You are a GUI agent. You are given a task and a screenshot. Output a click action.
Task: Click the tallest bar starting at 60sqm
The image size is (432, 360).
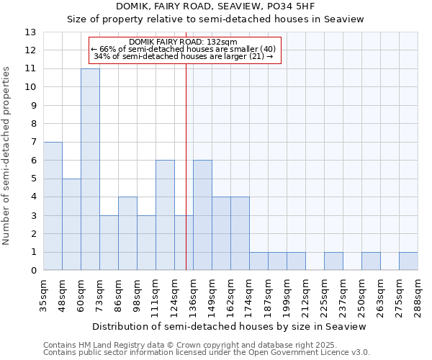90,169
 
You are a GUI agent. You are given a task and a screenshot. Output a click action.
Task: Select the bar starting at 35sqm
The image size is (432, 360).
53,206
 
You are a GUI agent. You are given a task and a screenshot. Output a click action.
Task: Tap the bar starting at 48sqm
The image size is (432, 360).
71,225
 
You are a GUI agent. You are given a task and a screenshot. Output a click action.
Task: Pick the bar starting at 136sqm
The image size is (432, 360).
202,215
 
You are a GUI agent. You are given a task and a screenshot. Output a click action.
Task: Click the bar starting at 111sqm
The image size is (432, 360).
165,215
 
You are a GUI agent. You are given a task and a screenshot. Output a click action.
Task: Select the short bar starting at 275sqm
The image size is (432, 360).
408,261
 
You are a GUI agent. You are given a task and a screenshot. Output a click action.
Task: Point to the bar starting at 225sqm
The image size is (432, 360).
333,261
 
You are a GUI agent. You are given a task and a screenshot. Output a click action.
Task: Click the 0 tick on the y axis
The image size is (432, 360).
33,271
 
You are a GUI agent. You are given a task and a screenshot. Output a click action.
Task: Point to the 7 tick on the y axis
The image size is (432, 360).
33,143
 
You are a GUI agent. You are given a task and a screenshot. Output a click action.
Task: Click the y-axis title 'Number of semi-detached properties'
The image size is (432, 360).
7,155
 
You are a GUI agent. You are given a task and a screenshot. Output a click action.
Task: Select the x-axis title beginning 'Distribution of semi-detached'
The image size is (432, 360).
230,326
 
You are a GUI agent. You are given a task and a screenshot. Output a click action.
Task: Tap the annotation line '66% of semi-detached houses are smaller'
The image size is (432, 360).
184,49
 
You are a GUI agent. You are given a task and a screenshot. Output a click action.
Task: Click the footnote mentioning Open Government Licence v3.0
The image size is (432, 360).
206,352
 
